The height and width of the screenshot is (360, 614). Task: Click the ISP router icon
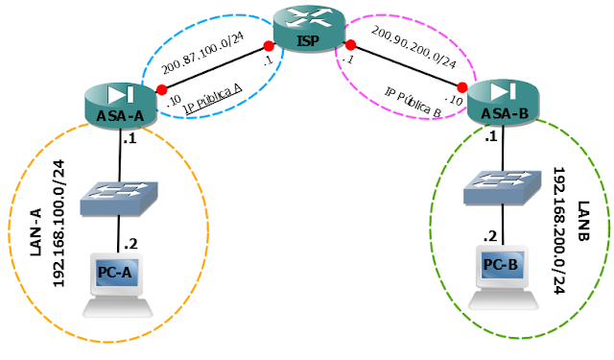tap(309, 29)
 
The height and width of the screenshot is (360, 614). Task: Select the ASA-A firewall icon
tap(120, 105)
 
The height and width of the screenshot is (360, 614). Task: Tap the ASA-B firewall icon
tap(504, 103)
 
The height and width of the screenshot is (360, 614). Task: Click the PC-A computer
tap(117, 285)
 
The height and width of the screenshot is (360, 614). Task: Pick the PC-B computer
tap(503, 276)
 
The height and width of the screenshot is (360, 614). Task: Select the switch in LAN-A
tap(119, 199)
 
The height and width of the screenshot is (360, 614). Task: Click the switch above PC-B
tap(503, 187)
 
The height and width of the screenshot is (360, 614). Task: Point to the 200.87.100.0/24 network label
tap(202, 53)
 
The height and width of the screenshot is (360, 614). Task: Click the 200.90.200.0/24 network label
tap(413, 47)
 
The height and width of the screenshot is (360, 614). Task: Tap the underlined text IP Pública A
tap(213, 99)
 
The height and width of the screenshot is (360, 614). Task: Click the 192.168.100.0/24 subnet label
tap(59, 224)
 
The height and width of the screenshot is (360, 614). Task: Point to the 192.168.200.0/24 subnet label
tap(559, 230)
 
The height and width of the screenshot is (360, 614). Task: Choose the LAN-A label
tap(35, 232)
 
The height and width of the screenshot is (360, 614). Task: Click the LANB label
tap(583, 221)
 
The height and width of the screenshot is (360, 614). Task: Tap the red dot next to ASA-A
tap(162, 90)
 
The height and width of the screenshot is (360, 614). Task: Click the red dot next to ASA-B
tap(462, 87)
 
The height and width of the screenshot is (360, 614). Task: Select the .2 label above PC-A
tap(130, 244)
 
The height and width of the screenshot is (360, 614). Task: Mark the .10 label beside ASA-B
tap(454, 100)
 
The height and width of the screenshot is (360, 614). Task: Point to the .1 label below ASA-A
tap(130, 138)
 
